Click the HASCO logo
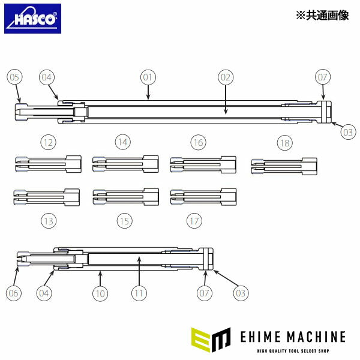[32, 19]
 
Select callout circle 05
[15, 77]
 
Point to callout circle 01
[148, 77]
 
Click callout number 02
[225, 77]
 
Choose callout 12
[48, 142]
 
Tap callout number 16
[198, 142]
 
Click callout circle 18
[284, 142]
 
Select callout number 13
[49, 221]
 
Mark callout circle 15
[124, 221]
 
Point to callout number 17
[194, 221]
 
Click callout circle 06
[14, 293]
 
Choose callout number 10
[100, 293]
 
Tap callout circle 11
[139, 293]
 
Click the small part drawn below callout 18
[284, 164]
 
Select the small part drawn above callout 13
[46, 197]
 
